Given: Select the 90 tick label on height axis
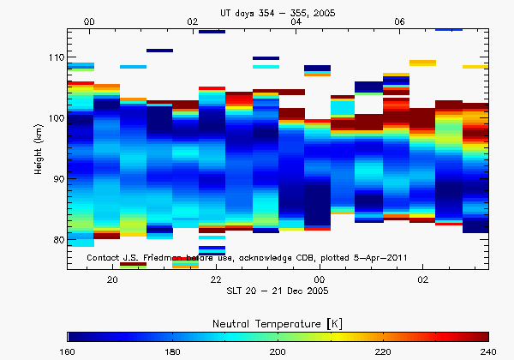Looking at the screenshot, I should pyautogui.click(x=57, y=179).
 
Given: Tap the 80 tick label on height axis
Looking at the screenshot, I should pyautogui.click(x=57, y=240).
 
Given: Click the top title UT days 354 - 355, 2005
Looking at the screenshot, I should pyautogui.click(x=278, y=7).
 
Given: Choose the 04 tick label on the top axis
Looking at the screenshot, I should pyautogui.click(x=296, y=21).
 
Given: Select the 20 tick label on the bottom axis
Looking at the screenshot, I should pyautogui.click(x=112, y=280).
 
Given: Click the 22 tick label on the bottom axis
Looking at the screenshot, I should pyautogui.click(x=216, y=280).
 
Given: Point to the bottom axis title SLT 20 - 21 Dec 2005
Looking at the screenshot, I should pyautogui.click(x=278, y=292).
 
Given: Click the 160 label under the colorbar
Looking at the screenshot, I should pyautogui.click(x=68, y=351).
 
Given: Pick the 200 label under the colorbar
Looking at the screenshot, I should pyautogui.click(x=278, y=351).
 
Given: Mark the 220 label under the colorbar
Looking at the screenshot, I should pyautogui.click(x=383, y=351).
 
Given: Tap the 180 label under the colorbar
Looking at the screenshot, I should pyautogui.click(x=173, y=351).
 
